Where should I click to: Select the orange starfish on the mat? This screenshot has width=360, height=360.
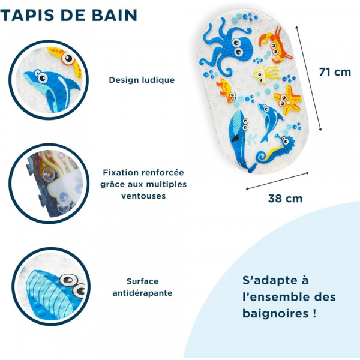pyautogui.click(x=287, y=100)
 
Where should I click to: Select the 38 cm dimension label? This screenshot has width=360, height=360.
pyautogui.click(x=286, y=198)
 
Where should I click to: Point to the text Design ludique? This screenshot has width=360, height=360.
pyautogui.click(x=142, y=80)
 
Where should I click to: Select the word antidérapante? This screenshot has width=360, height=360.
pyautogui.click(x=142, y=293)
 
